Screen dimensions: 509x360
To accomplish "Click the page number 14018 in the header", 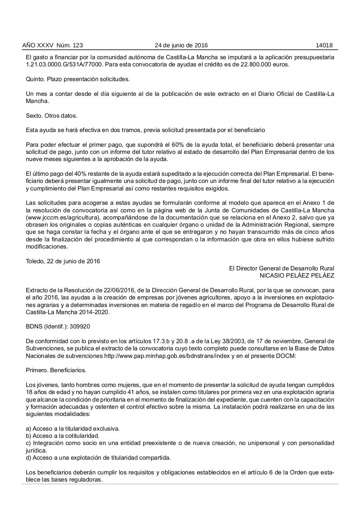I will point(324,45).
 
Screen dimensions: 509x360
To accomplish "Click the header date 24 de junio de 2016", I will point(181,45).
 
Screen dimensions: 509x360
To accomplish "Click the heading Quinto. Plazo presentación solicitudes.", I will point(78,79).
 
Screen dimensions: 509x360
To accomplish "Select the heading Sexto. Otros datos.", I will point(52,116).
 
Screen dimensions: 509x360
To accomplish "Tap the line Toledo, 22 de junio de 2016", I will point(63,261).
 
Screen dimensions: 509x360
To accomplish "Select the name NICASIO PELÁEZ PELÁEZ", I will point(297,276).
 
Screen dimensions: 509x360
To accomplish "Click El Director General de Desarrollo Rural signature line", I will point(281,269).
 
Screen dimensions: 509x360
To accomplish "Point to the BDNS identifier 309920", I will point(80,326).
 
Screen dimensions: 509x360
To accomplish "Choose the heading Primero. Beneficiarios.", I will point(56,370).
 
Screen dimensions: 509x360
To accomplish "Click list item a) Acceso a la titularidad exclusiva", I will point(73,429).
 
